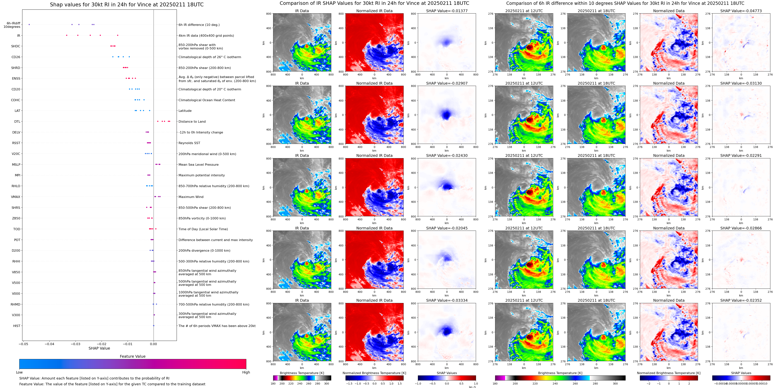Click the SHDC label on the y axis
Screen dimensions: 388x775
[x=16, y=46]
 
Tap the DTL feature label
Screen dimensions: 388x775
[x=17, y=122]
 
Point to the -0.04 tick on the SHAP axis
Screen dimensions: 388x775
[x=50, y=344]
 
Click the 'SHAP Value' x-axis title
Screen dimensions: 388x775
[x=99, y=348]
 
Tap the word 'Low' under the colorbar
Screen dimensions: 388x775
[x=19, y=372]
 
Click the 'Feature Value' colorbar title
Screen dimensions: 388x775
[x=132, y=356]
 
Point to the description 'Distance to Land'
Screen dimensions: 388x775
[x=192, y=122]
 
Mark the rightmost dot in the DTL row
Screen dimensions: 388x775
[x=170, y=121]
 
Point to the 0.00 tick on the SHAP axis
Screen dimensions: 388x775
[x=153, y=344]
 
